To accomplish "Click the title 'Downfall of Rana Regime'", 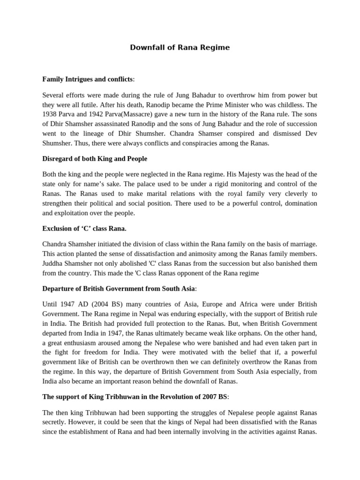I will tap(180, 48).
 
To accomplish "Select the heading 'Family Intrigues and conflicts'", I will tap(88, 79).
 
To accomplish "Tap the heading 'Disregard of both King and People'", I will tap(94, 158).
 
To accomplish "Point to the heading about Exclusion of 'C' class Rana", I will tap(84, 228).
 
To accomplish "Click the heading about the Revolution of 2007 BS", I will tap(135, 397).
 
